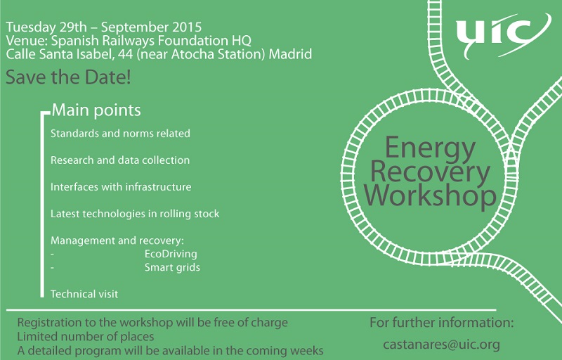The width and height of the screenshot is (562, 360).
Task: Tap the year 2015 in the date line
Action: point(187,27)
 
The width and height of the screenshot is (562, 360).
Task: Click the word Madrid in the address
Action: point(290,54)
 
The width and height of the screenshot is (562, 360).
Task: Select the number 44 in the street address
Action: point(125,54)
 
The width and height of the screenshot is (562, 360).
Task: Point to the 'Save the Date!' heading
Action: point(68,77)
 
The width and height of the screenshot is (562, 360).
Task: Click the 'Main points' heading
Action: point(96,110)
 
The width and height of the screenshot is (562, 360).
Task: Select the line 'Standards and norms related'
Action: point(120,134)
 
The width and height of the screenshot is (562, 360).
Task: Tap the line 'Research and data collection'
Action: point(120,160)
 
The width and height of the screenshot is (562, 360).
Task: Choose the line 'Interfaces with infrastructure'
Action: point(121,187)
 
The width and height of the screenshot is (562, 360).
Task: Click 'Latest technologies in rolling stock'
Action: point(135,214)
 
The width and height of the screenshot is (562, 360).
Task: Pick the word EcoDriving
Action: point(171,254)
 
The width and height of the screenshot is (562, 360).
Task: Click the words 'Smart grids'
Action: point(172,267)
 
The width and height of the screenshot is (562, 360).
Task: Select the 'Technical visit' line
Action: point(84,294)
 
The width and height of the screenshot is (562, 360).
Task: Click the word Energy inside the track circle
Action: point(430,148)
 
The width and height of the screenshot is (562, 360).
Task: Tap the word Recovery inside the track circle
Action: point(430,172)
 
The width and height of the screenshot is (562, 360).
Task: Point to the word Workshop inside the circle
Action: point(430,195)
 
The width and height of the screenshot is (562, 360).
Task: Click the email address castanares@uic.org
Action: point(441,345)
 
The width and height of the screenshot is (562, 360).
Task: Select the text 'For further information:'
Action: point(442,322)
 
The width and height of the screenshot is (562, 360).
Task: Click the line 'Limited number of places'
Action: point(86,337)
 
